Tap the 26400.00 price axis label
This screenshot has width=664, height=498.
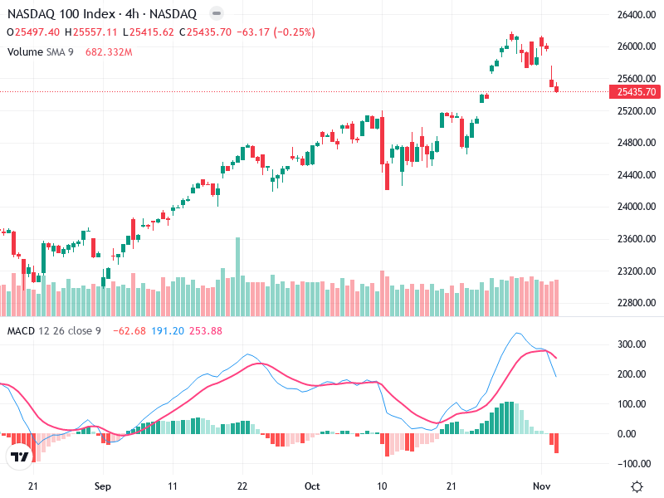pyautogui.click(x=636, y=15)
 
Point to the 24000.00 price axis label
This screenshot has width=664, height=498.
pyautogui.click(x=636, y=207)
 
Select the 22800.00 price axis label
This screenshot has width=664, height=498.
pyautogui.click(x=636, y=303)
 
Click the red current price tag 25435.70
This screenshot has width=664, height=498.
pyautogui.click(x=637, y=91)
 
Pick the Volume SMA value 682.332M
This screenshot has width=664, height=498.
pyautogui.click(x=109, y=51)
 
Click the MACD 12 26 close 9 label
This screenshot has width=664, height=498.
pyautogui.click(x=54, y=331)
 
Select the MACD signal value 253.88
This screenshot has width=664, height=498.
pyautogui.click(x=206, y=331)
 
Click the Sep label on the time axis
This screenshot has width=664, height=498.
pyautogui.click(x=102, y=486)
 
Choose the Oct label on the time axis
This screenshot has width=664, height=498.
pyautogui.click(x=312, y=486)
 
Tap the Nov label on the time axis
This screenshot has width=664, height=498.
pyautogui.click(x=541, y=486)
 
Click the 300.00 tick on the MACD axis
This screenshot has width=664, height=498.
pyautogui.click(x=632, y=344)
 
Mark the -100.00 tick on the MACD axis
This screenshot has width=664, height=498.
pyautogui.click(x=631, y=463)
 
